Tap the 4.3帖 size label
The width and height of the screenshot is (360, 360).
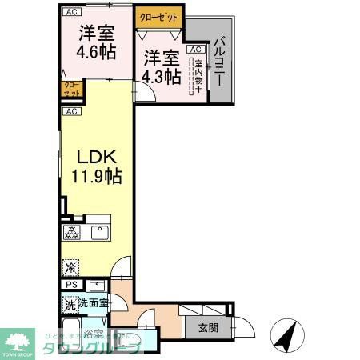[x=160, y=77]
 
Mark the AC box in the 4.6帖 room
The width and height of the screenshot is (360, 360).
[x=71, y=12]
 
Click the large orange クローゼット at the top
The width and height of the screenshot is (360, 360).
[x=160, y=17]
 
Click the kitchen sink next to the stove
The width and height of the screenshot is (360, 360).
[x=98, y=234]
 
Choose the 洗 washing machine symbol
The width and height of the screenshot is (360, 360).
[x=70, y=304]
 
